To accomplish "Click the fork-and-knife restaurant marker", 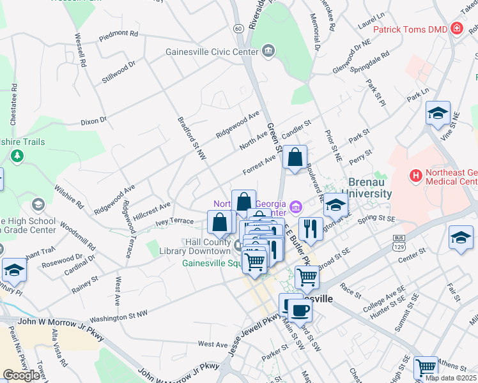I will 311,229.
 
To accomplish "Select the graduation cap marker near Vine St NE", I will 438,114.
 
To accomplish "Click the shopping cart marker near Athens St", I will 426,368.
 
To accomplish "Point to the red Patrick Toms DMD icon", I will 456,28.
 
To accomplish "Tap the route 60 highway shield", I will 238,28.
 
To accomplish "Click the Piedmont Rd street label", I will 118,35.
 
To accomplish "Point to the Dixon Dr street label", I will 93,120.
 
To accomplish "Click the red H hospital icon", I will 417,174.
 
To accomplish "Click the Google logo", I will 21,375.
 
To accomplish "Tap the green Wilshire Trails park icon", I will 17,155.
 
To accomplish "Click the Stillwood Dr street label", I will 119,71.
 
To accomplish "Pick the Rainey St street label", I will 85,279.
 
